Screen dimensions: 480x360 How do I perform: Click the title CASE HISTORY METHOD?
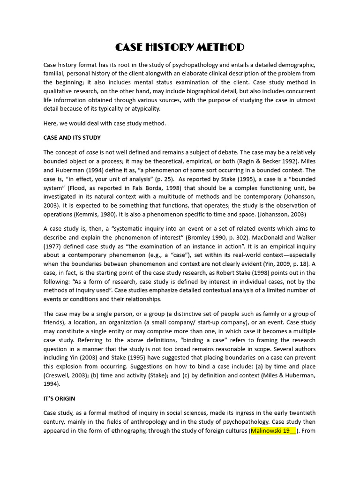[180, 47]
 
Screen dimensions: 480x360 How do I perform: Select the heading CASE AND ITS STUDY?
[72, 138]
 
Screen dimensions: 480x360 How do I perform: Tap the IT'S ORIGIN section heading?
[59, 398]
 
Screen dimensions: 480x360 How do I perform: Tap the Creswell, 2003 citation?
[65, 375]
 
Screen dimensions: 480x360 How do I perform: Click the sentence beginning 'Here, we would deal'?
[105, 123]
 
